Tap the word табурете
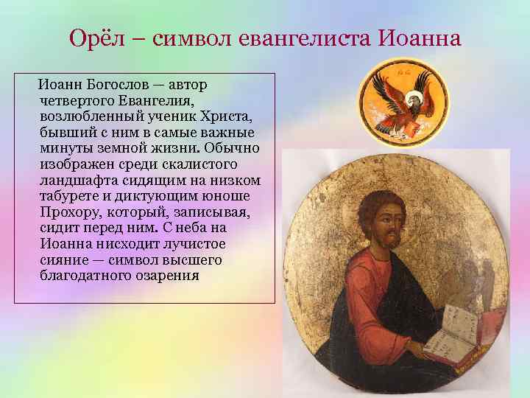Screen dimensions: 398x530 pyautogui.click(x=70, y=197)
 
